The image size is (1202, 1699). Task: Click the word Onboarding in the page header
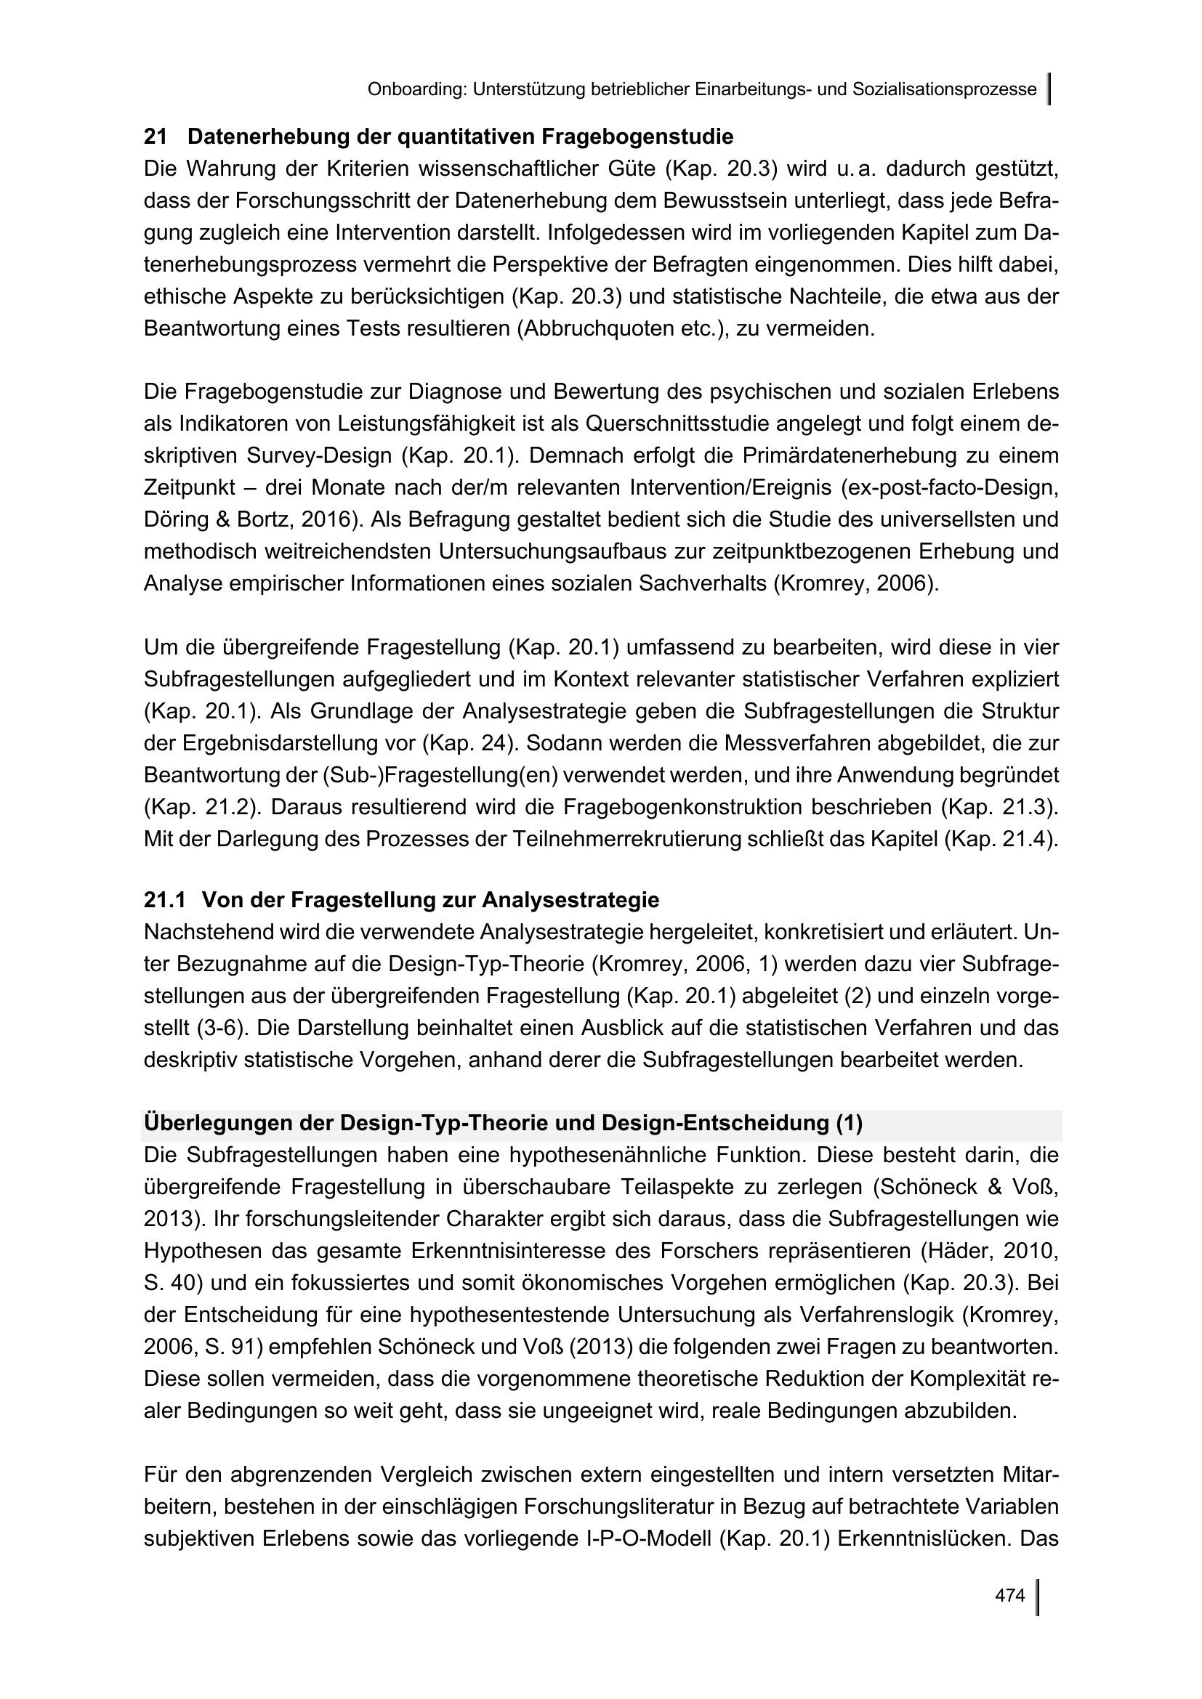(x=415, y=89)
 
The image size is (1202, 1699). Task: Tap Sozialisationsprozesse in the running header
(x=945, y=89)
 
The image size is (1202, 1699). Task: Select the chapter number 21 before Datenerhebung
(x=155, y=137)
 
